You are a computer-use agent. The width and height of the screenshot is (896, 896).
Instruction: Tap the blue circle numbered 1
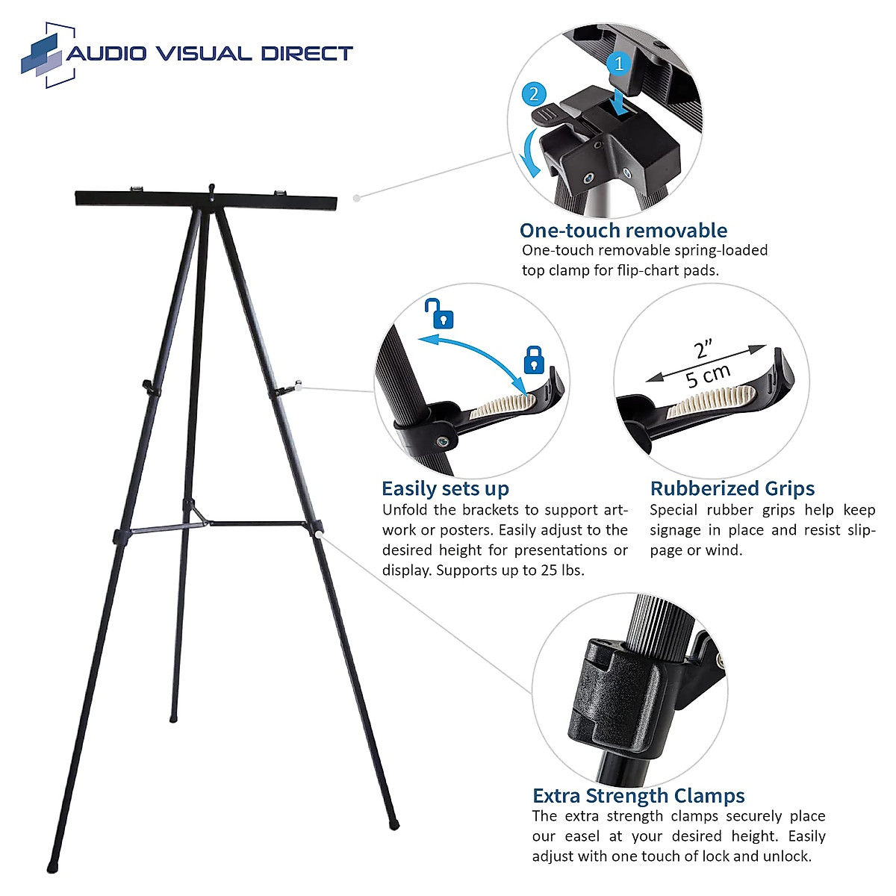pyautogui.click(x=619, y=63)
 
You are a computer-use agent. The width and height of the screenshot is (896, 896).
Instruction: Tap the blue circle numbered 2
pyautogui.click(x=533, y=94)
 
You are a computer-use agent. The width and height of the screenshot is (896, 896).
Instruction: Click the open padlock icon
pyautogui.click(x=441, y=314)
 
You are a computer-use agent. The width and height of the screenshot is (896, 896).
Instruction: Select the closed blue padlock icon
pyautogui.click(x=533, y=359)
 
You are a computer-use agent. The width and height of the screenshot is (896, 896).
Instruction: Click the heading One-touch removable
pyautogui.click(x=623, y=230)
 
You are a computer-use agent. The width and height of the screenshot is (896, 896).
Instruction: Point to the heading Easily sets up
pyautogui.click(x=445, y=488)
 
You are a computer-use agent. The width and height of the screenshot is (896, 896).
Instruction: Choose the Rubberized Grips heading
pyautogui.click(x=732, y=488)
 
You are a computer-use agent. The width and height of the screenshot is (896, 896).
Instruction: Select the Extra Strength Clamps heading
pyautogui.click(x=638, y=795)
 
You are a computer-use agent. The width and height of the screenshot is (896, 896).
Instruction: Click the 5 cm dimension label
pyautogui.click(x=708, y=376)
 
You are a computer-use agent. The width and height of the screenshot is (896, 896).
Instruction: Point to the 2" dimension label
pyautogui.click(x=703, y=349)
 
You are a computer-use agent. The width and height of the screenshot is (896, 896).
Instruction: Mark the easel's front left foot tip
pyautogui.click(x=52, y=868)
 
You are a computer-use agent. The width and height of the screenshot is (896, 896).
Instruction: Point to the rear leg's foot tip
pyautogui.click(x=173, y=719)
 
